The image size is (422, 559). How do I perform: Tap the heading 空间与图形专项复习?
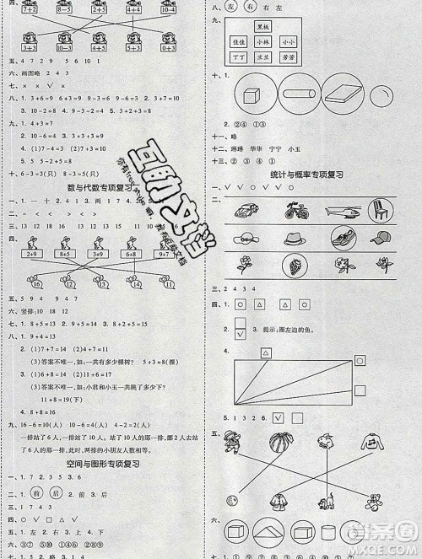(96, 464)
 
